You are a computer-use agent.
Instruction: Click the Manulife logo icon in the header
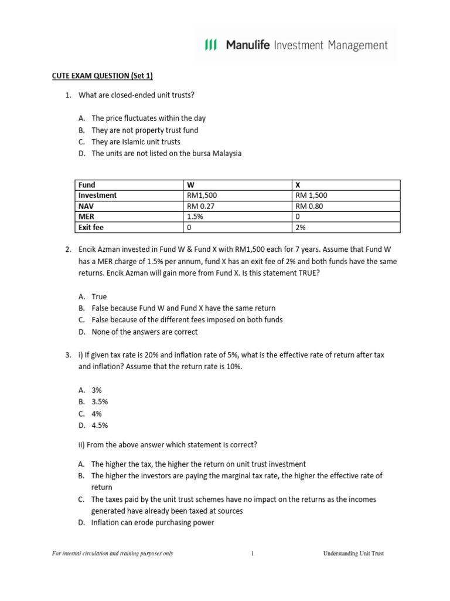click(210, 45)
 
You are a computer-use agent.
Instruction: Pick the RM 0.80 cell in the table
click(309, 206)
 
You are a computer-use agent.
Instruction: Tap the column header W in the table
click(189, 185)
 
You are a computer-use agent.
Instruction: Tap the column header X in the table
click(298, 185)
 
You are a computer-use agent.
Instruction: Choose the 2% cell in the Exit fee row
click(301, 227)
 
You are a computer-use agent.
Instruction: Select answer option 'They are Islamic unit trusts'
click(136, 142)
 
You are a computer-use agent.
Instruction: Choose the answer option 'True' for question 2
click(100, 297)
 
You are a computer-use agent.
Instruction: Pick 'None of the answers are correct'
click(145, 332)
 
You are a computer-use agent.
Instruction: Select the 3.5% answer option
click(100, 402)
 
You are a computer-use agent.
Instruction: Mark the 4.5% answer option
click(100, 426)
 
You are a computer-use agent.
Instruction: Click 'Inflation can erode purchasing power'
click(153, 522)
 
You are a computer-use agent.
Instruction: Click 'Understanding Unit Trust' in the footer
click(353, 553)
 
